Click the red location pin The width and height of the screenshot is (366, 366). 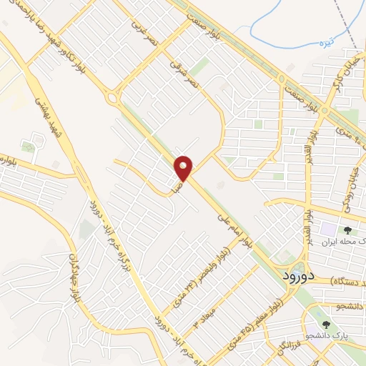[x=184, y=168]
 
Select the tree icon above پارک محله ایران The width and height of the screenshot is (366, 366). [x=347, y=230]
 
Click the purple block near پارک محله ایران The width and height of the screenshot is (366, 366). [x=327, y=230]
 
